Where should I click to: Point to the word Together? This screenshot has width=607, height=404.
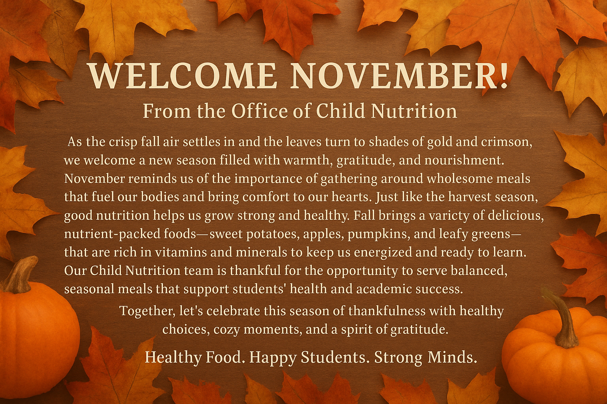tap(147, 311)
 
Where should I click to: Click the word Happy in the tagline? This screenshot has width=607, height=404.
tap(273, 357)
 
